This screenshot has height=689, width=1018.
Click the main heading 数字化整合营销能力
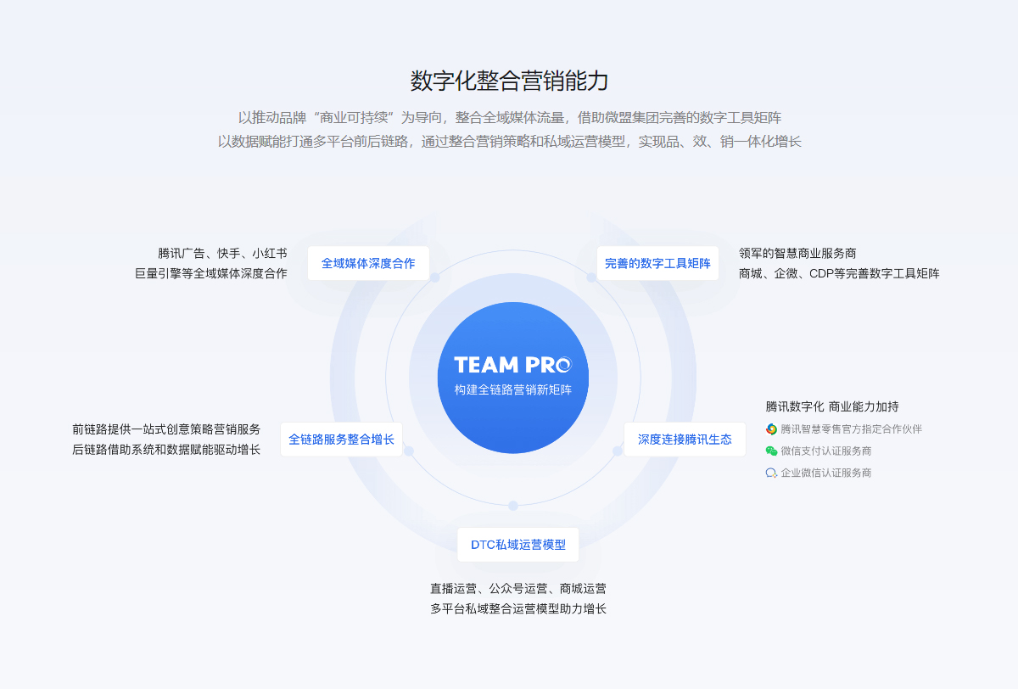click(509, 81)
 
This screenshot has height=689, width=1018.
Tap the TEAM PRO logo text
click(512, 365)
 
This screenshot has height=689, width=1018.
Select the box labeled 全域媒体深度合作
click(368, 263)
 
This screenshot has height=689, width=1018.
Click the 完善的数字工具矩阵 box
click(657, 263)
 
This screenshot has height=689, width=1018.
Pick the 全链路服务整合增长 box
click(341, 439)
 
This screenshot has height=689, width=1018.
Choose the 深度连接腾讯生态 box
click(685, 439)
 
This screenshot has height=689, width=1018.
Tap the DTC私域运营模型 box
click(518, 545)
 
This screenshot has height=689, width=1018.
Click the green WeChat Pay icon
click(771, 451)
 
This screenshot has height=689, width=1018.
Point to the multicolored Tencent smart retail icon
click(771, 429)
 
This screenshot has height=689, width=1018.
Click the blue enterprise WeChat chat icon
click(771, 473)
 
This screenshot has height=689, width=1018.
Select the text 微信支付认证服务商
click(825, 451)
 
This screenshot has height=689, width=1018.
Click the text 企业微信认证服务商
click(825, 473)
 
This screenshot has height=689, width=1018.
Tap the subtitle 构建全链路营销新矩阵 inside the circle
click(512, 389)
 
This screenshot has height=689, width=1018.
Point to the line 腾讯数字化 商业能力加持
click(832, 406)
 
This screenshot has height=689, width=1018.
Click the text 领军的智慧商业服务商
click(797, 253)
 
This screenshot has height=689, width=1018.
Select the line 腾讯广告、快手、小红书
click(222, 253)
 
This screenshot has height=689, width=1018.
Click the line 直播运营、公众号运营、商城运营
click(518, 589)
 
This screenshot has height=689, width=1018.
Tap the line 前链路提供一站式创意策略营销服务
click(166, 429)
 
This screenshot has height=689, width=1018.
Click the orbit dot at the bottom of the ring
click(513, 506)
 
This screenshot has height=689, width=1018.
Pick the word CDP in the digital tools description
click(821, 273)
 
